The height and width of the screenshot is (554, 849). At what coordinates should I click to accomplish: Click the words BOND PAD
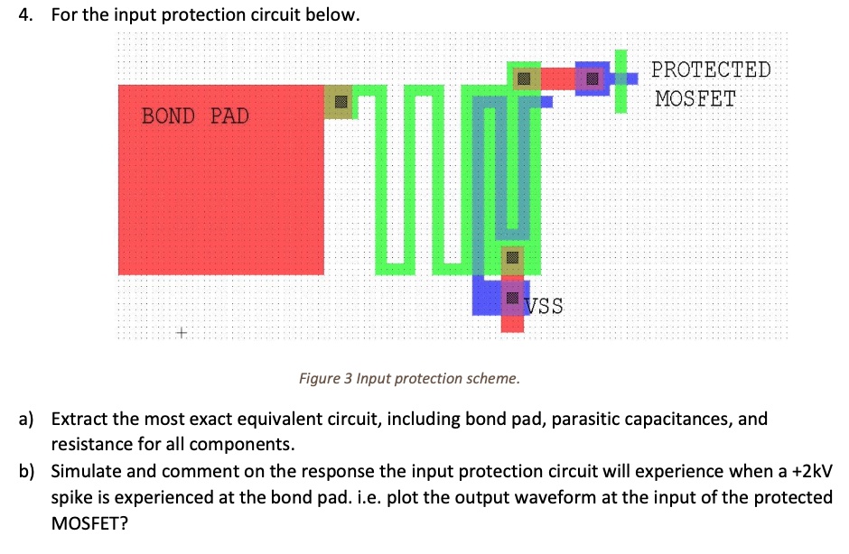click(195, 116)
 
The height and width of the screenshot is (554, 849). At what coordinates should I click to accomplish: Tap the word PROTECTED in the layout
click(711, 69)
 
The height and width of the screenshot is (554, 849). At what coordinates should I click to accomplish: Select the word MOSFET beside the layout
click(695, 97)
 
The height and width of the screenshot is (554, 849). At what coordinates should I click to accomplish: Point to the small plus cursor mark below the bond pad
click(181, 333)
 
